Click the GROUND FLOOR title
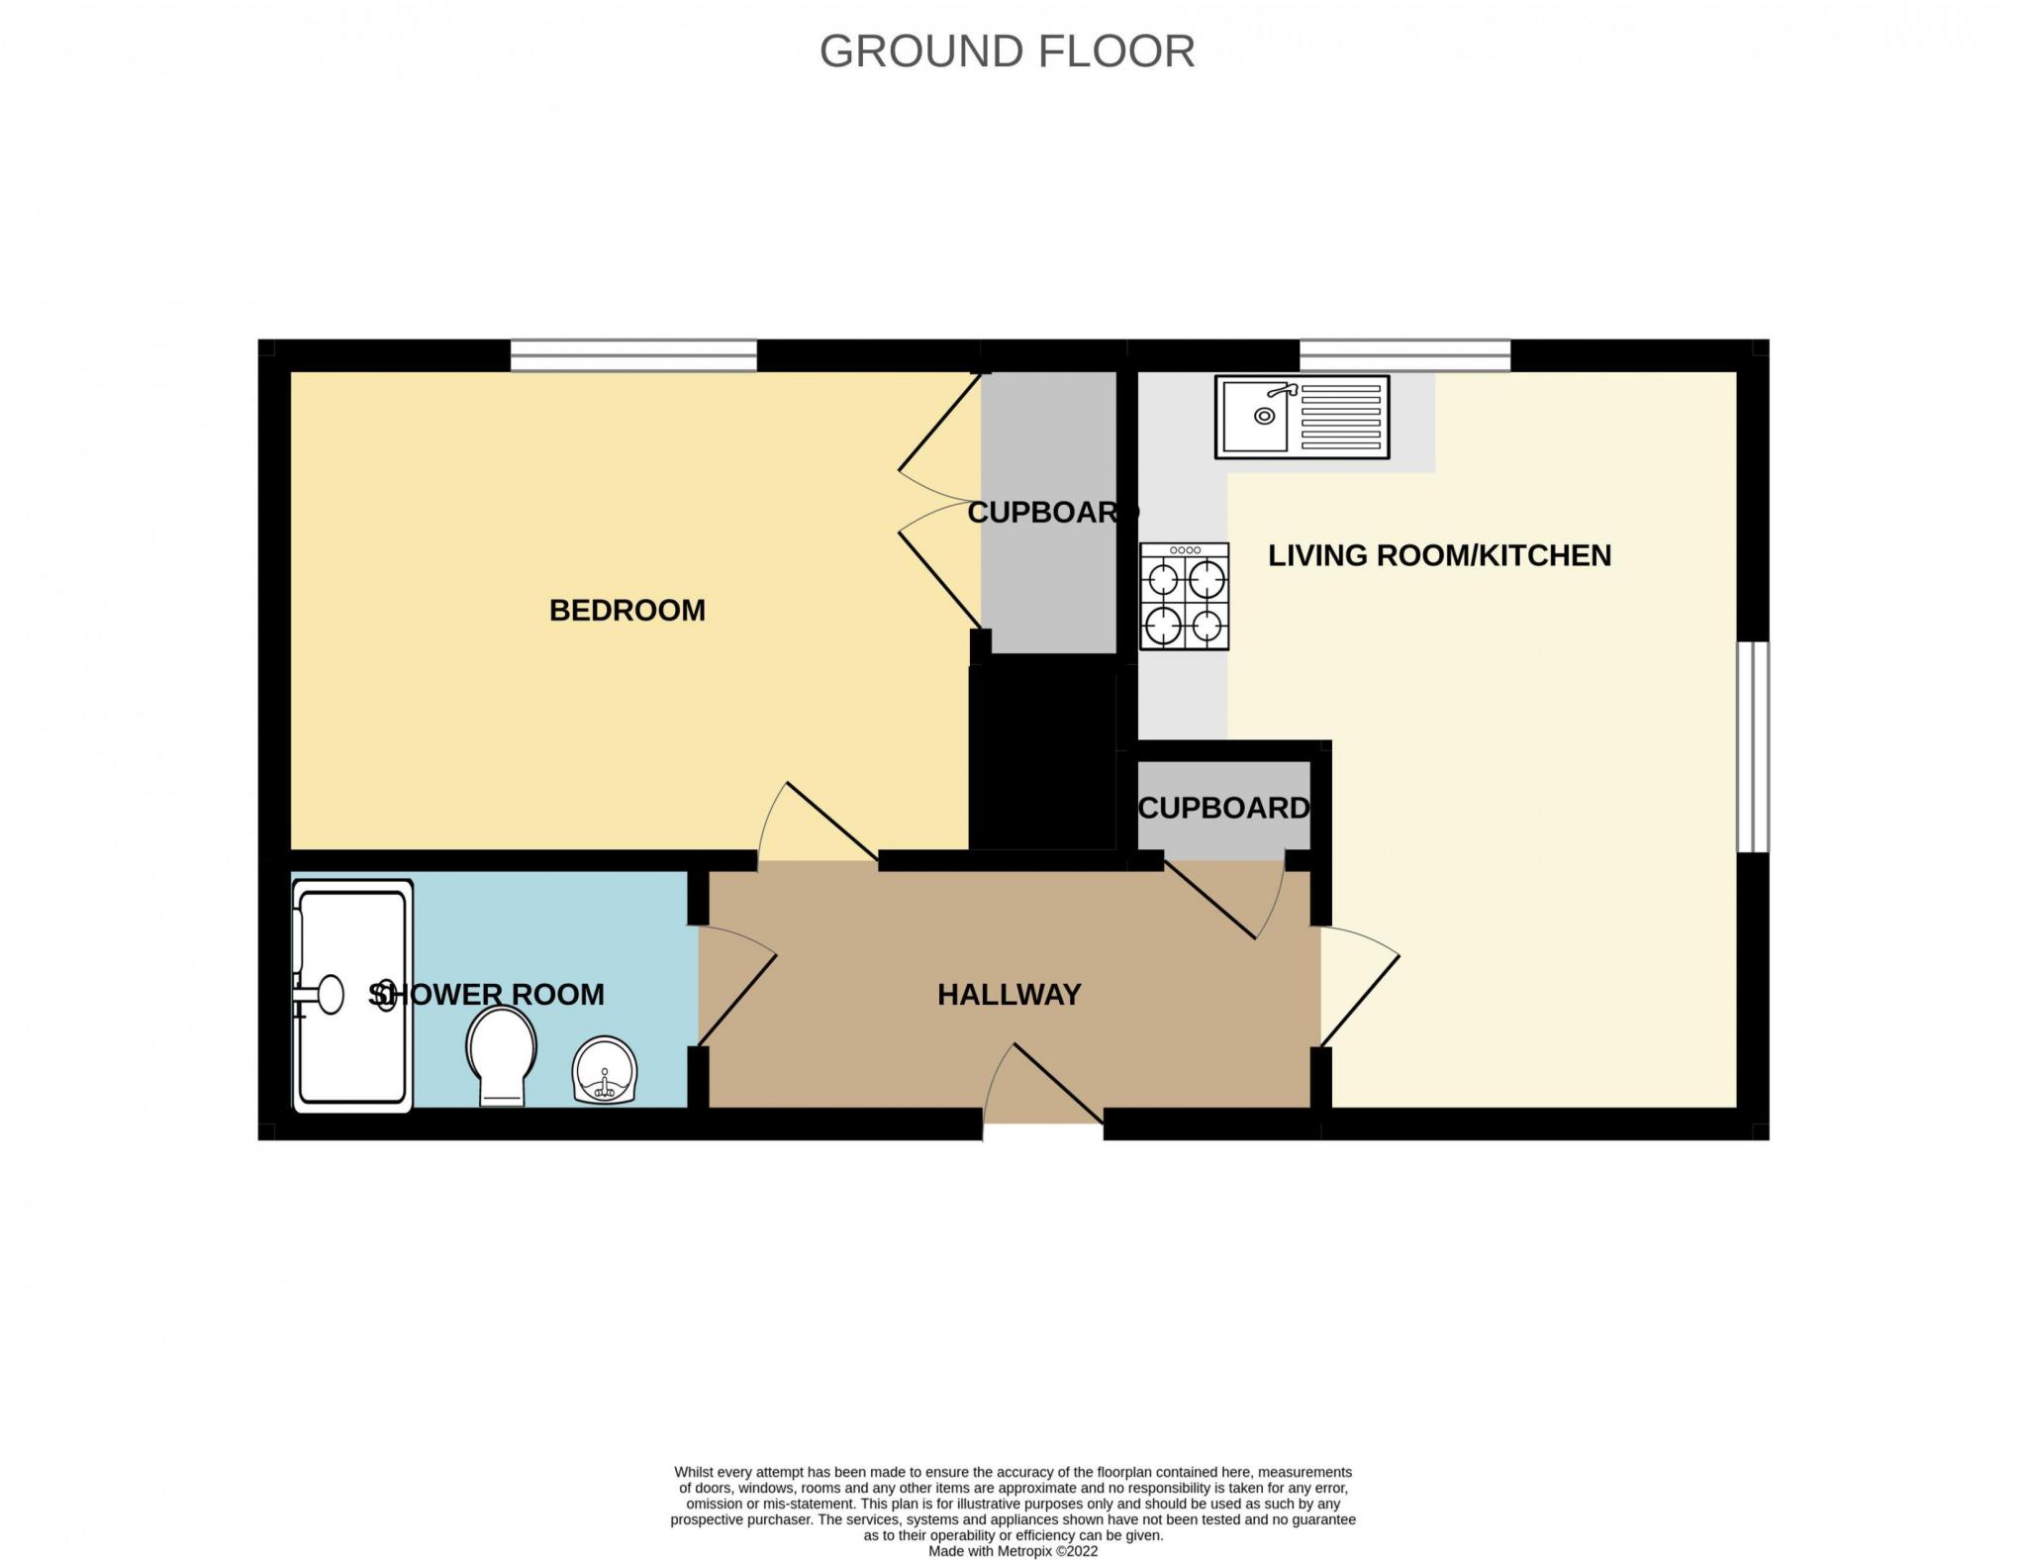[1007, 51]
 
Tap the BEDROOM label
[627, 611]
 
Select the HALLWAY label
[1010, 995]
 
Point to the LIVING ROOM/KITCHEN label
[1440, 555]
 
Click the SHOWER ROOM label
[486, 995]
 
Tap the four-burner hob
[1185, 596]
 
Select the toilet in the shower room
[502, 1056]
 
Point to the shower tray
[352, 997]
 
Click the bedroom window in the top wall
[633, 355]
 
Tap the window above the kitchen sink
[1404, 355]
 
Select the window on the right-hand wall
[1754, 746]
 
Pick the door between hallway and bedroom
[819, 825]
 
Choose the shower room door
[736, 986]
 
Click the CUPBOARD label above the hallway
[1224, 809]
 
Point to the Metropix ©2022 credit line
[1013, 1551]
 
